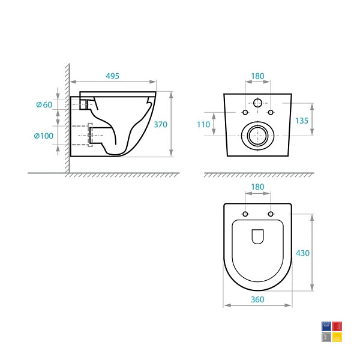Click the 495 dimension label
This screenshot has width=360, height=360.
tap(113, 76)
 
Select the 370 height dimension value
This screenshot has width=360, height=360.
tap(160, 124)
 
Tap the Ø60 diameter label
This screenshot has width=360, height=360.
tap(44, 104)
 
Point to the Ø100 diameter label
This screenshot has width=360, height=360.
tap(44, 136)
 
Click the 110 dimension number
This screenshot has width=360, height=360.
tap(203, 124)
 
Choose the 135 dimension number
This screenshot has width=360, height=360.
tap(302, 121)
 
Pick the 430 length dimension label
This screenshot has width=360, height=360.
tap(302, 253)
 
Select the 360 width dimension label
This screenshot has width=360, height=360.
tap(257, 299)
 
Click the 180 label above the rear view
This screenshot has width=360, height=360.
tap(257, 76)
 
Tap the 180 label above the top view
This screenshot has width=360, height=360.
tap(257, 187)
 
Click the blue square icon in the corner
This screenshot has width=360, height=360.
tap(326, 326)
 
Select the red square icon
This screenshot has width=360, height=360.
tap(337, 326)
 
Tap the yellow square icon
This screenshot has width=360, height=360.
tap(337, 337)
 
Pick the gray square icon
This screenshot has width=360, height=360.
tap(326, 337)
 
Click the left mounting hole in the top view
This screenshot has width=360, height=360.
tap(245, 214)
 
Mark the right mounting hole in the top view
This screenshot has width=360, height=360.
tap(271, 214)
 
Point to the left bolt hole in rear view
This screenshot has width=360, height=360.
tap(245, 112)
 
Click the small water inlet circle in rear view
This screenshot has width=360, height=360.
tap(258, 103)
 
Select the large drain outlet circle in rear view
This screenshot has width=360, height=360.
tap(258, 136)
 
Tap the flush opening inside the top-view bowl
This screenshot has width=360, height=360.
tap(258, 236)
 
